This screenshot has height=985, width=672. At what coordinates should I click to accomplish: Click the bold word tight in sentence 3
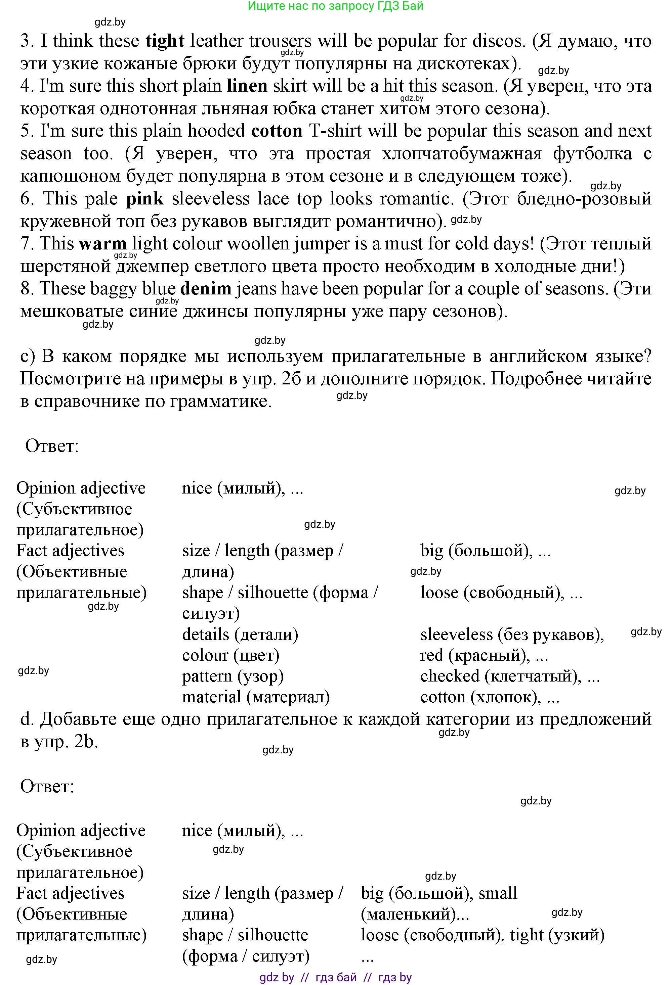[x=165, y=41]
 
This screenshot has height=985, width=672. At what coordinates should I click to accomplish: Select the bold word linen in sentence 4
[x=247, y=86]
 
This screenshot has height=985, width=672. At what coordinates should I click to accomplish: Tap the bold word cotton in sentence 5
[x=277, y=131]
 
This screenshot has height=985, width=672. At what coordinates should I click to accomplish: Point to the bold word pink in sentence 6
[x=145, y=199]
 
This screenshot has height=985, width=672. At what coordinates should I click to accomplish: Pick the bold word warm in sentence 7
[x=103, y=244]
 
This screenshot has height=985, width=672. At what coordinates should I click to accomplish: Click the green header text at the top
[x=335, y=6]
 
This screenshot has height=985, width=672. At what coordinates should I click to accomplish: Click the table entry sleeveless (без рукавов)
[x=512, y=635]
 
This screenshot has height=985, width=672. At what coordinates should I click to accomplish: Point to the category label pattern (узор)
[x=233, y=676]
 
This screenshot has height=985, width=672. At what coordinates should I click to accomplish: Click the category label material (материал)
[x=256, y=697]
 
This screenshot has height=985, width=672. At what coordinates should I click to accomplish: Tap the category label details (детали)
[x=240, y=635]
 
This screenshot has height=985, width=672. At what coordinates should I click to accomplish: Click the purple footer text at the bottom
[x=335, y=977]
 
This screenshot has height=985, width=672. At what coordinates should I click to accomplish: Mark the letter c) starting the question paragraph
[x=28, y=356]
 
